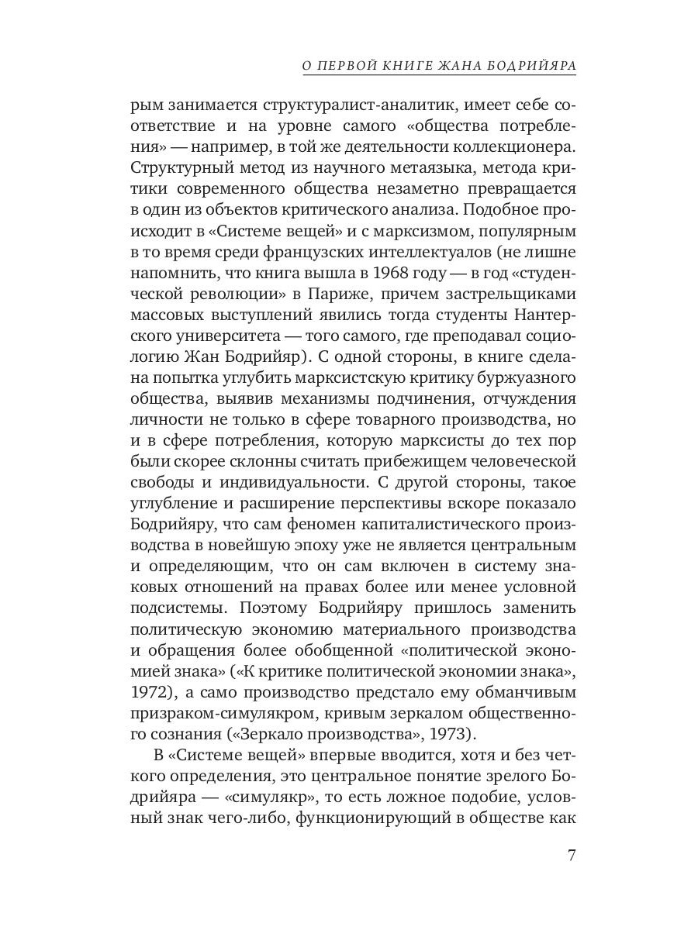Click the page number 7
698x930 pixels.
571,856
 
